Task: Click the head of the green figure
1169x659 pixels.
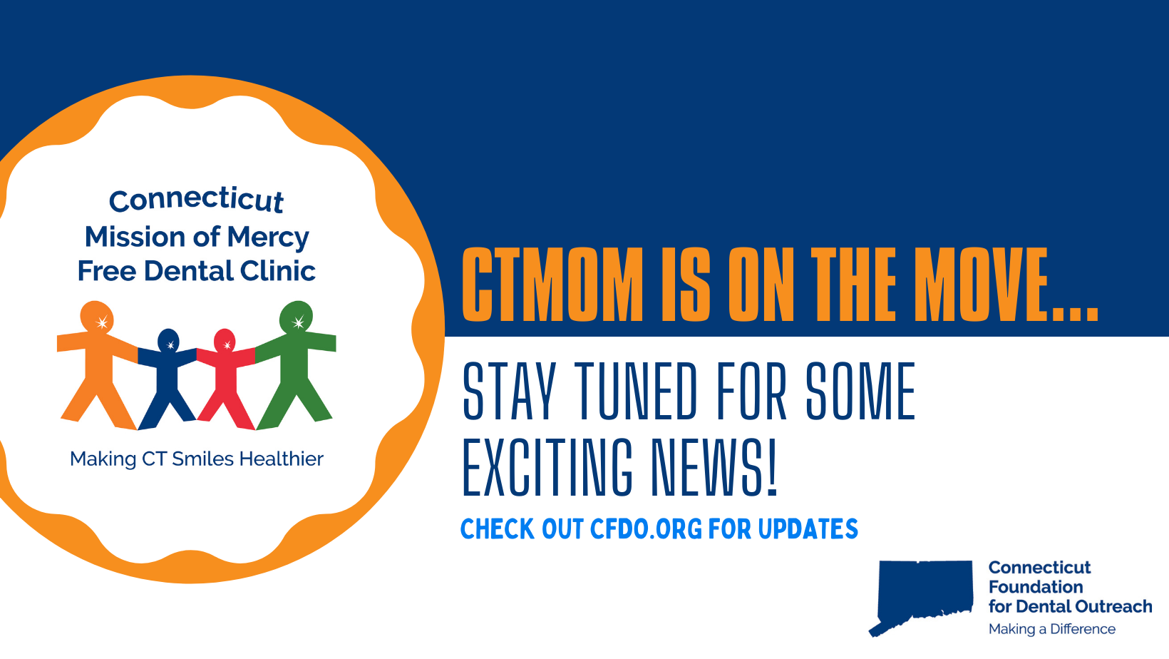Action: point(296,317)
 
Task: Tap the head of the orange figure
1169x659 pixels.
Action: point(96,317)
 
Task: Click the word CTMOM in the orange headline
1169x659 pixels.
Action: point(552,285)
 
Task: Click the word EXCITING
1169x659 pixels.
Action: point(547,467)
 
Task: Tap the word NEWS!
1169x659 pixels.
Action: point(715,467)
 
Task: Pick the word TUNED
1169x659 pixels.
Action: point(636,391)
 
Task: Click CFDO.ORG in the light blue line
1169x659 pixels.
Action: point(646,528)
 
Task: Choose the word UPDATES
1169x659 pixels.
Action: point(808,528)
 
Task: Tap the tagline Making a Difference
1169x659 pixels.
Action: point(1052,629)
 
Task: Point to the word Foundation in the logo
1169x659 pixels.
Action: point(1036,587)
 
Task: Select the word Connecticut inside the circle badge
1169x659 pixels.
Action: point(196,200)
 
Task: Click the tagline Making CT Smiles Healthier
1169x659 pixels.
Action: point(197,459)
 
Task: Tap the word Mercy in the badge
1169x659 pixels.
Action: point(268,238)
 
